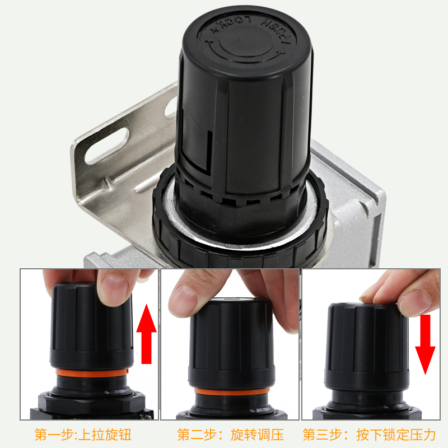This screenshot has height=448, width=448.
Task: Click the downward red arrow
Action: click(425, 343)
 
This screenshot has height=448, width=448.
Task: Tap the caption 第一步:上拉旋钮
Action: click(83, 435)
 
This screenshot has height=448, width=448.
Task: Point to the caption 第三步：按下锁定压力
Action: click(368, 435)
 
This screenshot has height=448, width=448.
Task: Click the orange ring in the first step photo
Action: click(91, 372)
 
